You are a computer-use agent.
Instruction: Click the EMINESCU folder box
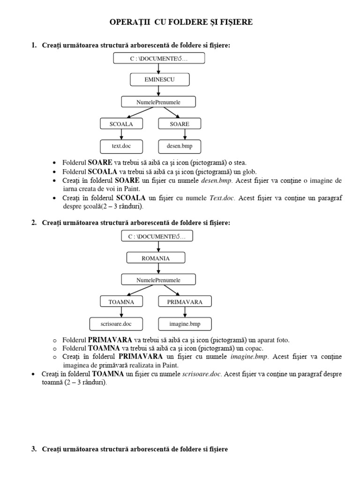click(159, 80)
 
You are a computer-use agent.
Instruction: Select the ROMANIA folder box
click(156, 258)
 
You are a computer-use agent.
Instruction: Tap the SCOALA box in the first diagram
click(121, 124)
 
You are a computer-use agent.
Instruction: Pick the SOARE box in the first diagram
click(180, 124)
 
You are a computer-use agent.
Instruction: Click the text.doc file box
click(121, 146)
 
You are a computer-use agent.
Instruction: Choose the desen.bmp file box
click(180, 146)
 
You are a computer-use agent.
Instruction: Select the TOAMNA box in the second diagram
click(121, 302)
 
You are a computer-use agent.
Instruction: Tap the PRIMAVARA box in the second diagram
click(185, 302)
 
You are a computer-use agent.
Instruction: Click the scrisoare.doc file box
click(116, 323)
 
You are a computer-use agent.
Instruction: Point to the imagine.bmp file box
click(184, 323)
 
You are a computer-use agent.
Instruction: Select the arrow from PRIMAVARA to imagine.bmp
click(185, 313)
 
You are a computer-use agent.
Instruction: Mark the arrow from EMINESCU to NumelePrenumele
click(159, 91)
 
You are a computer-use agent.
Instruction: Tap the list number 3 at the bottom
click(34, 449)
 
